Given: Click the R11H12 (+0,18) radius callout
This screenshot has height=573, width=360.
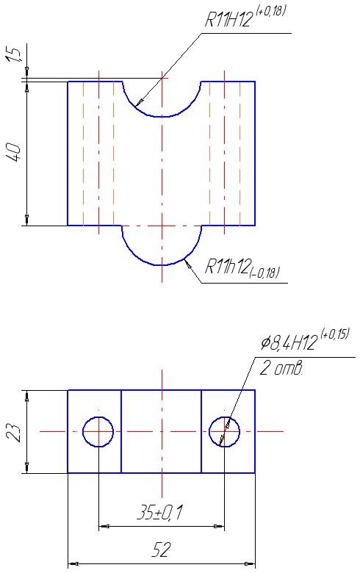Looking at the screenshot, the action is pos(245,17).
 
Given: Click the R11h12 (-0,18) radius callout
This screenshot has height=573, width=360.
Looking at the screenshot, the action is pos(242,267).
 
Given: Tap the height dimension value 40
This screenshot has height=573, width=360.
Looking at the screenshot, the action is pos(15,153).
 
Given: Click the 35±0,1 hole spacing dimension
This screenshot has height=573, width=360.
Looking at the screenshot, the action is pos(159,513).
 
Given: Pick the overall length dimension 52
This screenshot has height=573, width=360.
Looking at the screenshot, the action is pos(161,549).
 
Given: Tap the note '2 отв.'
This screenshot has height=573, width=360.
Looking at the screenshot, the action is pos(281,369).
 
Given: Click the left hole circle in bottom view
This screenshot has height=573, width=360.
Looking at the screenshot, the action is pos(98,417).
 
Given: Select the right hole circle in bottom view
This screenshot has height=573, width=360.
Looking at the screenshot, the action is pos(224,417).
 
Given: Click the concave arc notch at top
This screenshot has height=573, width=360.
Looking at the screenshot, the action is pos(162,117).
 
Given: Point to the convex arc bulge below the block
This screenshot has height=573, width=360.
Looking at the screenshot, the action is pos(162,264).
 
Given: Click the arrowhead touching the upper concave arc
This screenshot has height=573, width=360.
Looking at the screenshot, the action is pos(139,102).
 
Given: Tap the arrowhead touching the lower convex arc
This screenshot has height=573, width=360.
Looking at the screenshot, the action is pos(188,264).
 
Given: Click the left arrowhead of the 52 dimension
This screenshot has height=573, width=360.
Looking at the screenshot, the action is pos(73,564).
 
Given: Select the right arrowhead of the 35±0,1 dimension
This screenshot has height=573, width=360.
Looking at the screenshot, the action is pos(219,527).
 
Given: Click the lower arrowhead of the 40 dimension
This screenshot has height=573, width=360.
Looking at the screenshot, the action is pos(26,220).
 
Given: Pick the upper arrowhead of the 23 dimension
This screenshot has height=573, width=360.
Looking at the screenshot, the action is pos(26,395).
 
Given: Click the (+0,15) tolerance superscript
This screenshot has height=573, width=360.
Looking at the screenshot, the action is pos(335,334).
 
